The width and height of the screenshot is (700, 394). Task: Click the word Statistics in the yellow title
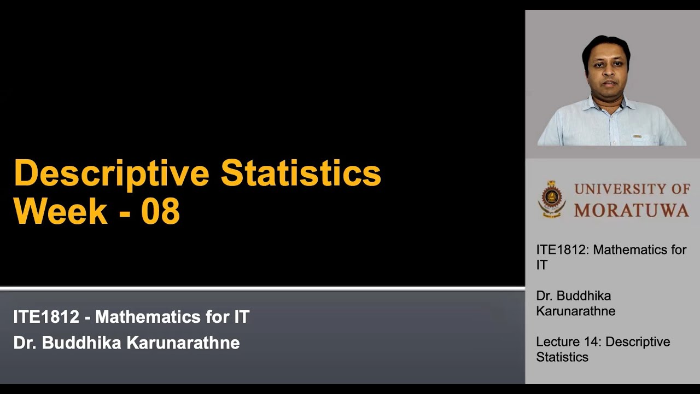[300, 173]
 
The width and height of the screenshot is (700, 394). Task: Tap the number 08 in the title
[160, 211]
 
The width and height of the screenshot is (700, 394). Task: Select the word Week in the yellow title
[60, 211]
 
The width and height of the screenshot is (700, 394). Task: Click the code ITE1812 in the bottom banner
[46, 317]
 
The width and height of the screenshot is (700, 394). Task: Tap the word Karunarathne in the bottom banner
[183, 343]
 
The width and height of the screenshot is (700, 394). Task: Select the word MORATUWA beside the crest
[632, 210]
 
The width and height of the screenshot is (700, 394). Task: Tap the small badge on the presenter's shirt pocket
[638, 135]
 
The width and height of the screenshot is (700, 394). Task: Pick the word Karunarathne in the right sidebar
[575, 311]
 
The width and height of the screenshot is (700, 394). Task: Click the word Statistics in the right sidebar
[562, 357]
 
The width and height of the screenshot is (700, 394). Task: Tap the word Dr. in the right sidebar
[544, 296]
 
